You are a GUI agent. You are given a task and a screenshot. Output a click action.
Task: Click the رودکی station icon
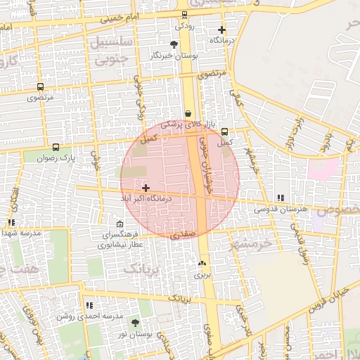(x=185, y=14)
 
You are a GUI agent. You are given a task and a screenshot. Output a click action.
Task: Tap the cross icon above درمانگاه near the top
(x=222, y=30)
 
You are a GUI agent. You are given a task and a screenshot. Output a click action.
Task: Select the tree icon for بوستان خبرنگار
(x=174, y=44)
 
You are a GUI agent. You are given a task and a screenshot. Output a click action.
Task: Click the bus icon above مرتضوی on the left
(x=40, y=87)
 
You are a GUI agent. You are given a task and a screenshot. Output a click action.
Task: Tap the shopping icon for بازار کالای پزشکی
(x=188, y=113)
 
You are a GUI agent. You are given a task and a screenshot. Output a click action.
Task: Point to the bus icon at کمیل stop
(x=225, y=131)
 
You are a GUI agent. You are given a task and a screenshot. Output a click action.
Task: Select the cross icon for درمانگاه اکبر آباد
(x=146, y=188)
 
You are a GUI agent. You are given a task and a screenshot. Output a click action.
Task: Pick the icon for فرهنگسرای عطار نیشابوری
(x=120, y=224)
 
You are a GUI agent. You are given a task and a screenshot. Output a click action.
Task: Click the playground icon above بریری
(x=203, y=263)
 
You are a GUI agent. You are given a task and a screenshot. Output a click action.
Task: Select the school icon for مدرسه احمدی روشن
(x=89, y=305)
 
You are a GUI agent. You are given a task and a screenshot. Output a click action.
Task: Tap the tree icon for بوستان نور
(x=135, y=323)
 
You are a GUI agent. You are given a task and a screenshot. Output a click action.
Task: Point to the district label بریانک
(x=143, y=269)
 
